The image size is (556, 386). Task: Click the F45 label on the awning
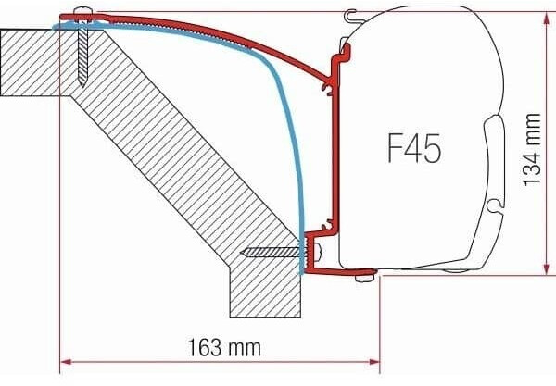414,148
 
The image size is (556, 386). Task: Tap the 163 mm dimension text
224,347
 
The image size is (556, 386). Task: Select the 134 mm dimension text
532,149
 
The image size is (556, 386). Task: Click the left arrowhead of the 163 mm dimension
67,362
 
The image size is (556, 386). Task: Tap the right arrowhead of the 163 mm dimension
374,362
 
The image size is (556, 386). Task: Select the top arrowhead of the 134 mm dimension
547,18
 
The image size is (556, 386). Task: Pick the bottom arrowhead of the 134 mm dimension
547,268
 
